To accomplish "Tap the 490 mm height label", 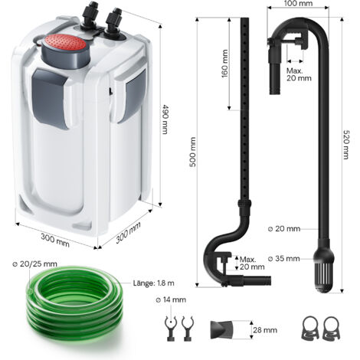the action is (x=165, y=119).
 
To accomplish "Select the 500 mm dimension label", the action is (x=192, y=152).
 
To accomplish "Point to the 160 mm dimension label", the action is (x=224, y=64).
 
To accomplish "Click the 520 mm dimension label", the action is (x=346, y=145).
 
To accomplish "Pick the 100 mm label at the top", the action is (x=298, y=4).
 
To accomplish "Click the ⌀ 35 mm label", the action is (x=283, y=259).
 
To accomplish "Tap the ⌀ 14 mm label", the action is (x=171, y=299).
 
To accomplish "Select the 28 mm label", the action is (x=265, y=330).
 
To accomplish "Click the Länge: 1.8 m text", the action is (x=154, y=283).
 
